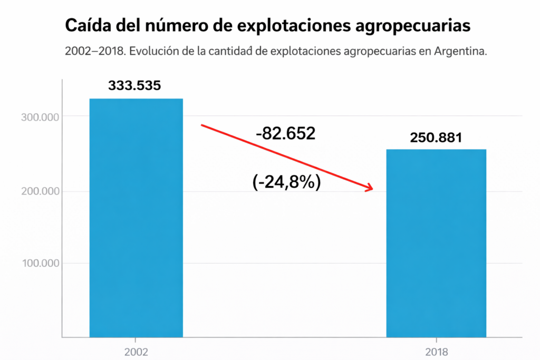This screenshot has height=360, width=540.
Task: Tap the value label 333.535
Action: [x=134, y=85]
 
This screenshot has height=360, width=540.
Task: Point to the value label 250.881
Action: [x=436, y=138]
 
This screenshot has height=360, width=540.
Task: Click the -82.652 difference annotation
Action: [x=285, y=134]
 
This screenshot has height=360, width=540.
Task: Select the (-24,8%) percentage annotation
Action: [x=287, y=182]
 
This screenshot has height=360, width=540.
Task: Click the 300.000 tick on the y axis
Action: [x=39, y=116]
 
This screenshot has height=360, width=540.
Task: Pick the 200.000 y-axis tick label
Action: [x=39, y=191]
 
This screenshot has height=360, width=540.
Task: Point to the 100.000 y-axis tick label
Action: [x=39, y=263]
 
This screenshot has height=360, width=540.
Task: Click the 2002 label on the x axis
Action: [x=136, y=351]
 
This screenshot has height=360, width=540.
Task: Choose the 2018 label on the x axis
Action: [x=436, y=351]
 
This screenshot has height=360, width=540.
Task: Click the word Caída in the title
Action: [x=84, y=25]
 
